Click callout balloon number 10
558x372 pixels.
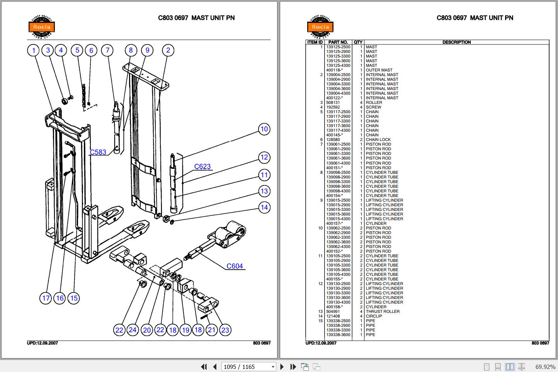(264, 129)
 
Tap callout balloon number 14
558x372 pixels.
(264, 207)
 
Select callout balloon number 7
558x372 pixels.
(107, 50)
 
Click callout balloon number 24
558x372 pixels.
(133, 330)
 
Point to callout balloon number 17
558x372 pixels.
(46, 298)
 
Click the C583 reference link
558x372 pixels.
(98, 152)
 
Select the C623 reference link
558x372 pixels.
(202, 166)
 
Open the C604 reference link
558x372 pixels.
(235, 266)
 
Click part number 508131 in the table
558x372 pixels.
(333, 103)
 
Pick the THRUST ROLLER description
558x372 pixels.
(383, 311)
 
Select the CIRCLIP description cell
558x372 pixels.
(374, 316)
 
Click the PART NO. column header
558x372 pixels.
(338, 42)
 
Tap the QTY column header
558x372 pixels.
(358, 42)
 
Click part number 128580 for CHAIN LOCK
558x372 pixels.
(333, 140)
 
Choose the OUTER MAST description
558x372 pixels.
(379, 70)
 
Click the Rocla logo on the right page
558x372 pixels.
(320, 27)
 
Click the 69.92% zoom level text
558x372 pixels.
(545, 367)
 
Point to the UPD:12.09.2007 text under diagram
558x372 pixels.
(43, 343)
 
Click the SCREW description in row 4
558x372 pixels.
(373, 107)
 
